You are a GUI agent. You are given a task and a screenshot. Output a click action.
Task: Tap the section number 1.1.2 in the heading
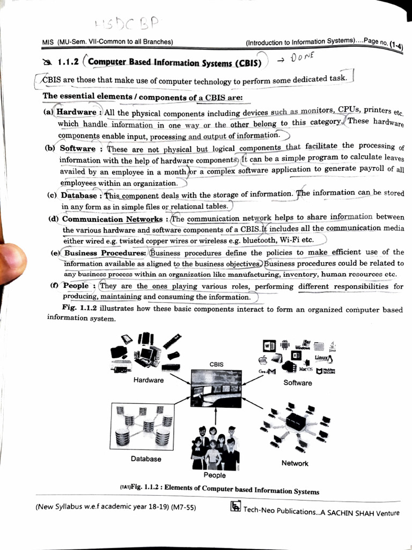(68, 62)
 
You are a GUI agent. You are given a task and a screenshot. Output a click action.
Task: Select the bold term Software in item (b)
(78, 148)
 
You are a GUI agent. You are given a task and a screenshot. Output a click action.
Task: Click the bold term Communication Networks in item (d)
(112, 219)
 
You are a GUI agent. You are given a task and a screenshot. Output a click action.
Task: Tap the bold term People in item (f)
(76, 286)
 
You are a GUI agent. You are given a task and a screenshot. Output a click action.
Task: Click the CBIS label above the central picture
(216, 365)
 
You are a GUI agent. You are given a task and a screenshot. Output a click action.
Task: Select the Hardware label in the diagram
(149, 380)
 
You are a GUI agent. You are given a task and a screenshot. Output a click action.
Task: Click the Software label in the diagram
(298, 383)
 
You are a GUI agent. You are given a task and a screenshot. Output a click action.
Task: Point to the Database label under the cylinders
(145, 459)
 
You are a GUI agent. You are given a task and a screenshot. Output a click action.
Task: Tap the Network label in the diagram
(295, 463)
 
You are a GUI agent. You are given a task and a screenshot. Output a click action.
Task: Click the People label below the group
(215, 475)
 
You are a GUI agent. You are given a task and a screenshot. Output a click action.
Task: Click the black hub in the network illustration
(296, 422)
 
